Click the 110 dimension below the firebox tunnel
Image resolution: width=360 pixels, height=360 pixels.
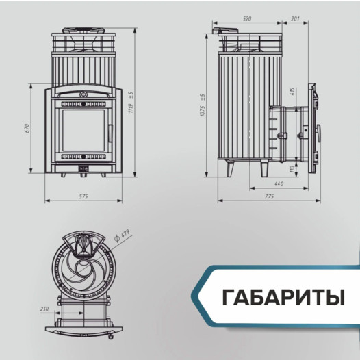pos(292,168)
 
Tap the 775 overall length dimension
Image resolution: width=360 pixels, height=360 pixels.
pos(268,197)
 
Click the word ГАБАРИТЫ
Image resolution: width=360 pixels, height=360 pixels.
pos(283,299)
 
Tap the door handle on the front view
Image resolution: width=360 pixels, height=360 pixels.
pos(109,130)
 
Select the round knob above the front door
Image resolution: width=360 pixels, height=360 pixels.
pos(83,92)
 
